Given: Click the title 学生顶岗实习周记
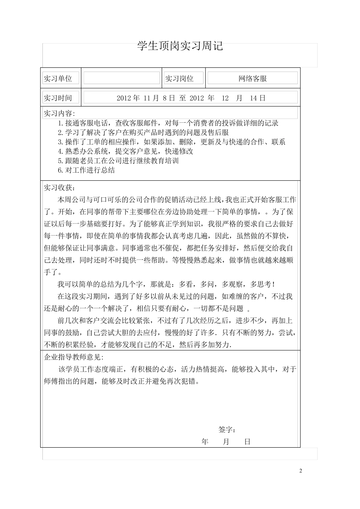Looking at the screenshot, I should coord(180,46).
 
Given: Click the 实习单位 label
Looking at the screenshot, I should coord(58,78).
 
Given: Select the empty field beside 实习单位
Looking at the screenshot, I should coord(122,78).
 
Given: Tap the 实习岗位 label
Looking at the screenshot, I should coord(179,78).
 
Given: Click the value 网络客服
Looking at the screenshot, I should coord(252,78).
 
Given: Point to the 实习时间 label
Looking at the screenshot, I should coord(58,98).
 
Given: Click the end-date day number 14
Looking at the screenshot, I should coord(254,98).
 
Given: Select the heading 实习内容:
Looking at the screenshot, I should coord(59,113).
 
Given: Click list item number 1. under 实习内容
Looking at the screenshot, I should coord(61,123).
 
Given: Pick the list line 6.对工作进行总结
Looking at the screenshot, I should coord(86,170).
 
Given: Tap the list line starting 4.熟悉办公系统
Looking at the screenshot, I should coord(125,151).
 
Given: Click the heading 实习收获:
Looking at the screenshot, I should coord(59,187).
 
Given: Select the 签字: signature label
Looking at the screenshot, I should coord(227,429).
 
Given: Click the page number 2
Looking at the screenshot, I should coord(301,471).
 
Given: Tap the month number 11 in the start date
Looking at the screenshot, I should coord(147,98).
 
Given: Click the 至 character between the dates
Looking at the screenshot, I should coord(183,98).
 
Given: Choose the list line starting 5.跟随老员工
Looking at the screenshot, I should coord(118,161).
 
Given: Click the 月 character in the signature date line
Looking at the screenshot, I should coord(226,442).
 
